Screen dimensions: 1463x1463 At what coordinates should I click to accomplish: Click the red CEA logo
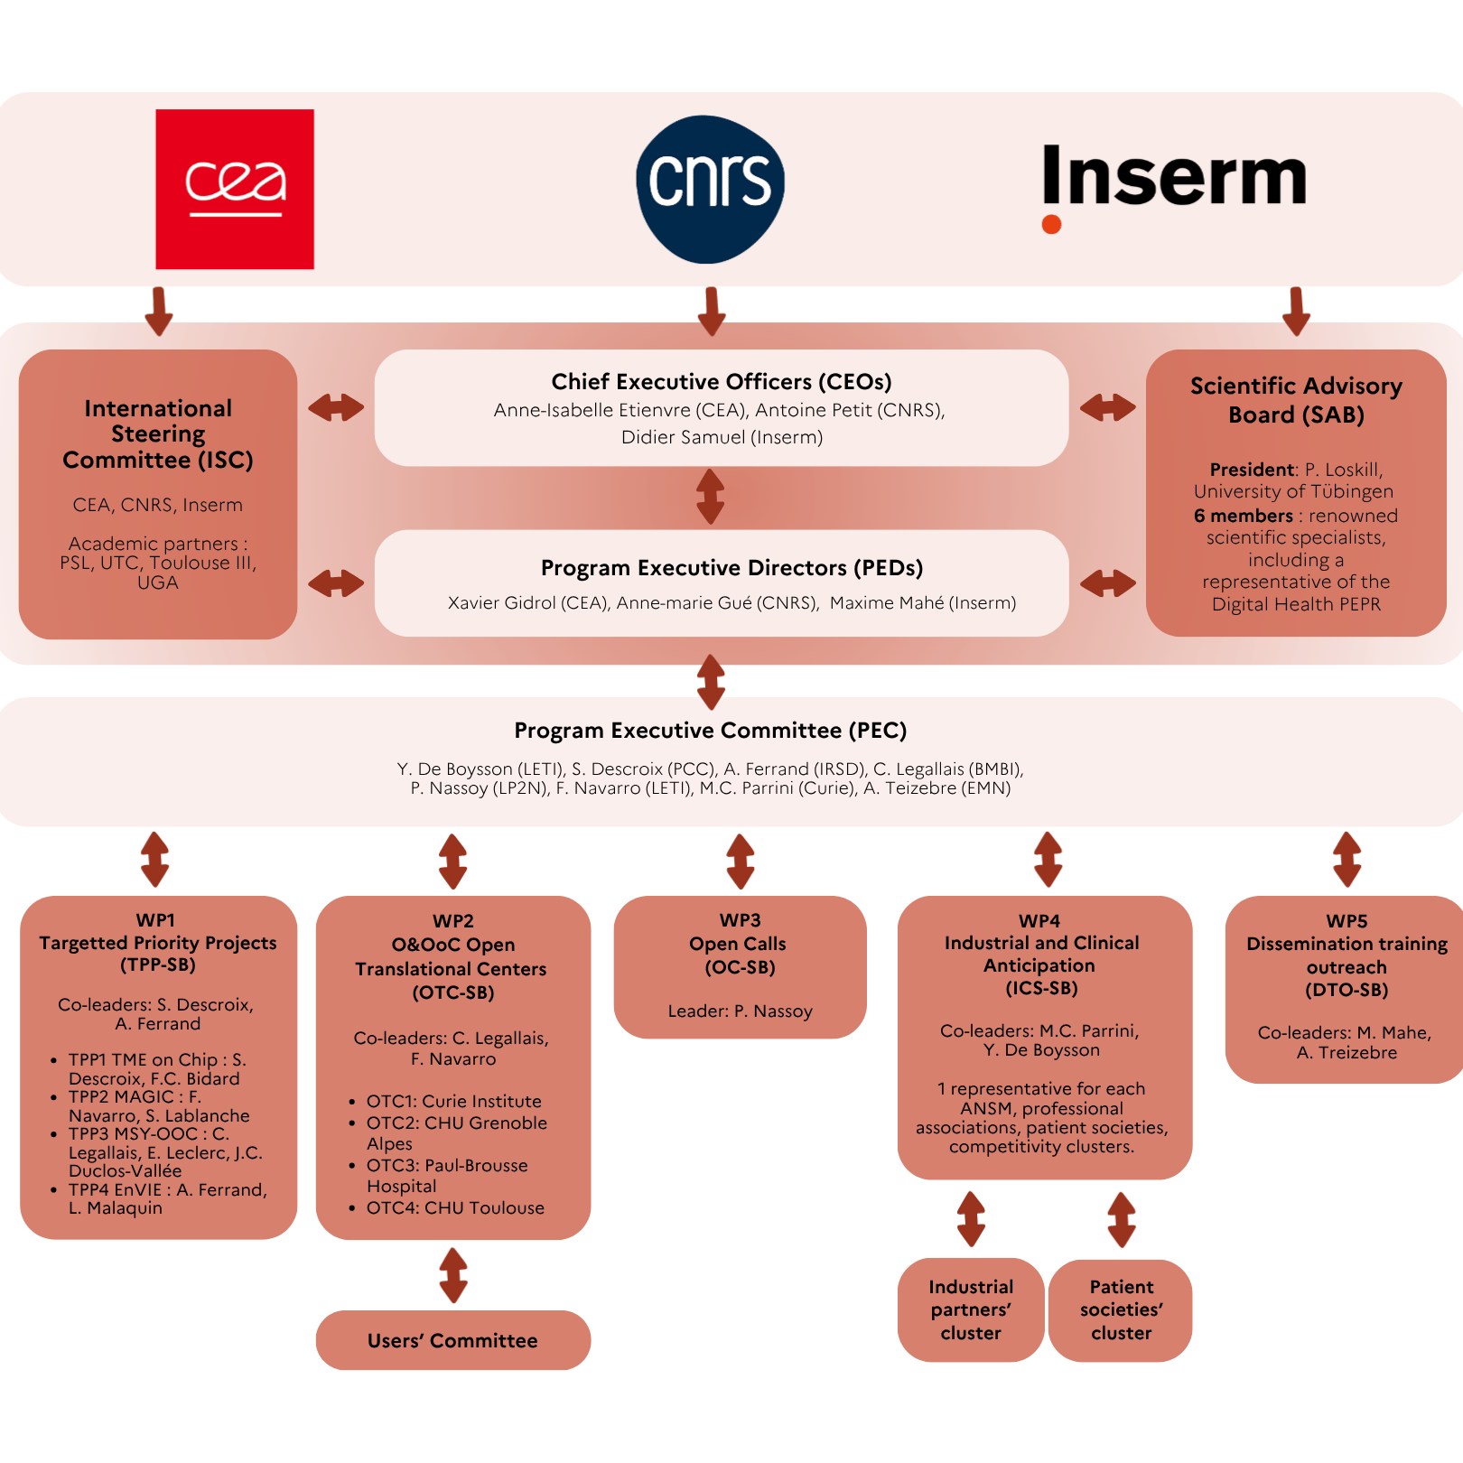pyautogui.click(x=235, y=189)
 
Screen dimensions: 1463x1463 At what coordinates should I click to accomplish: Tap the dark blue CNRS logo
pyautogui.click(x=710, y=189)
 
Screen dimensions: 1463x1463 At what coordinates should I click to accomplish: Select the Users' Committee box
pyautogui.click(x=452, y=1340)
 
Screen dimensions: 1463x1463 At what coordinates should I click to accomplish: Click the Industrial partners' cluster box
pyautogui.click(x=971, y=1309)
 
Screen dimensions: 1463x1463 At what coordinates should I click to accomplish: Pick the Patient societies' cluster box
pyautogui.click(x=1121, y=1309)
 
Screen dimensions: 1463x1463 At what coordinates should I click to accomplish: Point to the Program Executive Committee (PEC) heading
pyautogui.click(x=710, y=730)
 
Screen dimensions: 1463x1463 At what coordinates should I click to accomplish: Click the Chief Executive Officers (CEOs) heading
pyautogui.click(x=721, y=381)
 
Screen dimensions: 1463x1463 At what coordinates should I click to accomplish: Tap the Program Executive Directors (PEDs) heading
pyautogui.click(x=731, y=567)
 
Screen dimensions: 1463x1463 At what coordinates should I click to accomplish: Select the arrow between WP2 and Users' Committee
pyautogui.click(x=453, y=1275)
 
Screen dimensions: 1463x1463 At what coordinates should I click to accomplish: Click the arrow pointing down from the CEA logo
pyautogui.click(x=159, y=312)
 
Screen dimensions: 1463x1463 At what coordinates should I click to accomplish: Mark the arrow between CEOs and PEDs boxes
pyautogui.click(x=711, y=497)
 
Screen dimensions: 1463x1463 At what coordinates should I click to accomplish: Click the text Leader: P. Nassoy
pyautogui.click(x=740, y=1011)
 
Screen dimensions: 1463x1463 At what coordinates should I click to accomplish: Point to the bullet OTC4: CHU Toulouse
pyautogui.click(x=454, y=1207)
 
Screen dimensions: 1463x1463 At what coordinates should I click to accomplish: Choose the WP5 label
pyautogui.click(x=1347, y=921)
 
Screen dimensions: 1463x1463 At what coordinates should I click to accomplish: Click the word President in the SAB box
pyautogui.click(x=1252, y=470)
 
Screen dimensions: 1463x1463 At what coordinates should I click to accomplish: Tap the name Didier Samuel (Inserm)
pyautogui.click(x=722, y=437)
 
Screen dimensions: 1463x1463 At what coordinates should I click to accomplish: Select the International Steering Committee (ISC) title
pyautogui.click(x=158, y=434)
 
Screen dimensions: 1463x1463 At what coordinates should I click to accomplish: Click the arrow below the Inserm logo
pyautogui.click(x=1296, y=312)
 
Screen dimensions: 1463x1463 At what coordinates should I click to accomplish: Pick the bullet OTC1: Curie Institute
pyautogui.click(x=453, y=1101)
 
